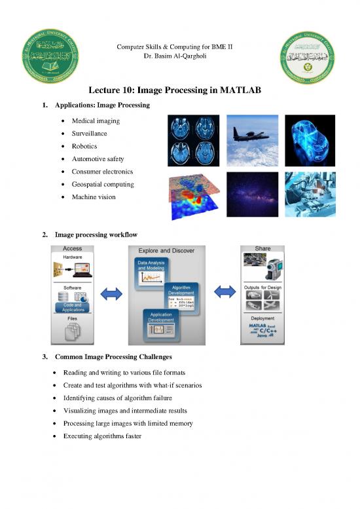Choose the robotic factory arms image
310,195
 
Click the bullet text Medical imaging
101,121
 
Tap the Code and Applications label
71,305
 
